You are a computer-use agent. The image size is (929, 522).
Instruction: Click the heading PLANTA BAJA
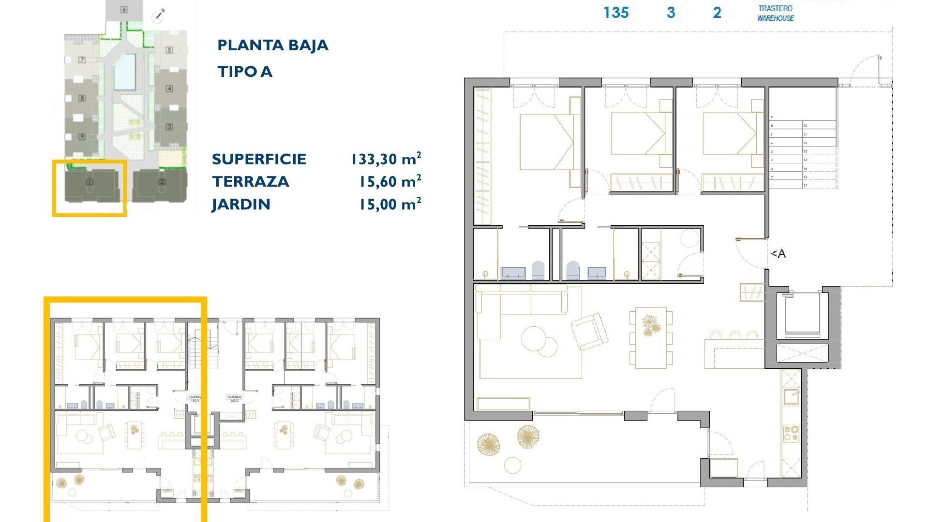272,45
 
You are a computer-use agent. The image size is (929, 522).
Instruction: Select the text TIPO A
245,72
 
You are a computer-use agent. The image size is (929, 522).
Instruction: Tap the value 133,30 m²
386,159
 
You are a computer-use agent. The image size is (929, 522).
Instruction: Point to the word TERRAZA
250,182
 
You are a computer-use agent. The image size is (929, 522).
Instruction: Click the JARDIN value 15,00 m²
390,204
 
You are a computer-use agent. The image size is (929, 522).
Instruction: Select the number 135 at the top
616,13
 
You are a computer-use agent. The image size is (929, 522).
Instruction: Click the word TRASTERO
775,8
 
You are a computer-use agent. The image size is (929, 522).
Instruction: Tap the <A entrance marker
778,254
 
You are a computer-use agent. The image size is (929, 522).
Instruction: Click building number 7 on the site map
82,60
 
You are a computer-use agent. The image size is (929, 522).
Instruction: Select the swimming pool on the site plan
124,72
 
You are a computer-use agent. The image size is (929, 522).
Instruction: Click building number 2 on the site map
162,182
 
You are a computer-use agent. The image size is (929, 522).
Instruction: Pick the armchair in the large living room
589,331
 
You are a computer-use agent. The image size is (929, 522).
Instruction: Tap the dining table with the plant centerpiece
651,337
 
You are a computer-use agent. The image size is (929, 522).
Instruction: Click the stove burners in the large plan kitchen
792,433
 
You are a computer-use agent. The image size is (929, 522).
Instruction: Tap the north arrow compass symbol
158,16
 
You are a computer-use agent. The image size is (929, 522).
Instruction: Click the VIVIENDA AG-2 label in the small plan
234,398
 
